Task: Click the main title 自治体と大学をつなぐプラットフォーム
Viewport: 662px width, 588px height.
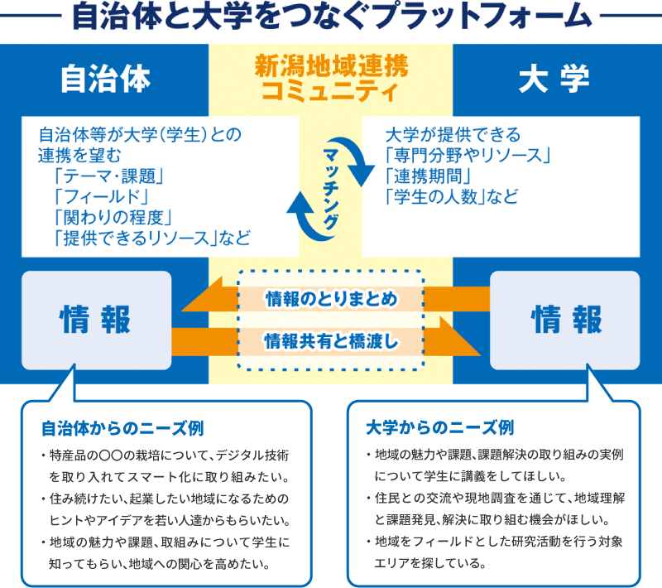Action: (332, 17)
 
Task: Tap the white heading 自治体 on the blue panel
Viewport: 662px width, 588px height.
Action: (106, 79)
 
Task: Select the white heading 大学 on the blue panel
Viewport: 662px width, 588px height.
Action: (554, 79)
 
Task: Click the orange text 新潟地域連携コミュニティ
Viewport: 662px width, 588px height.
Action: (332, 78)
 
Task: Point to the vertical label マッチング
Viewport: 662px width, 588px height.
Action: (331, 188)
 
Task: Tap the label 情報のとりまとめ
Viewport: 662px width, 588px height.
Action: (332, 299)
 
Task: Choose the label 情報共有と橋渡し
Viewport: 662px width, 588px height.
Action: (332, 341)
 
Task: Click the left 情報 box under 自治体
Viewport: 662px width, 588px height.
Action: (96, 321)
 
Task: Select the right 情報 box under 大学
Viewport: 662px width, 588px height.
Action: (565, 321)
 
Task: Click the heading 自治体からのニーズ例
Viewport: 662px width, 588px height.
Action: (122, 428)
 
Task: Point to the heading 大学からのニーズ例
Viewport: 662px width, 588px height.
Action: (440, 427)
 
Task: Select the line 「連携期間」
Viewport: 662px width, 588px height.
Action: (428, 176)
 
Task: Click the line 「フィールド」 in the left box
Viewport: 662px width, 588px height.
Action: (101, 197)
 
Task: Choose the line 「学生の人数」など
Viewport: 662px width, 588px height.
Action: (452, 197)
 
